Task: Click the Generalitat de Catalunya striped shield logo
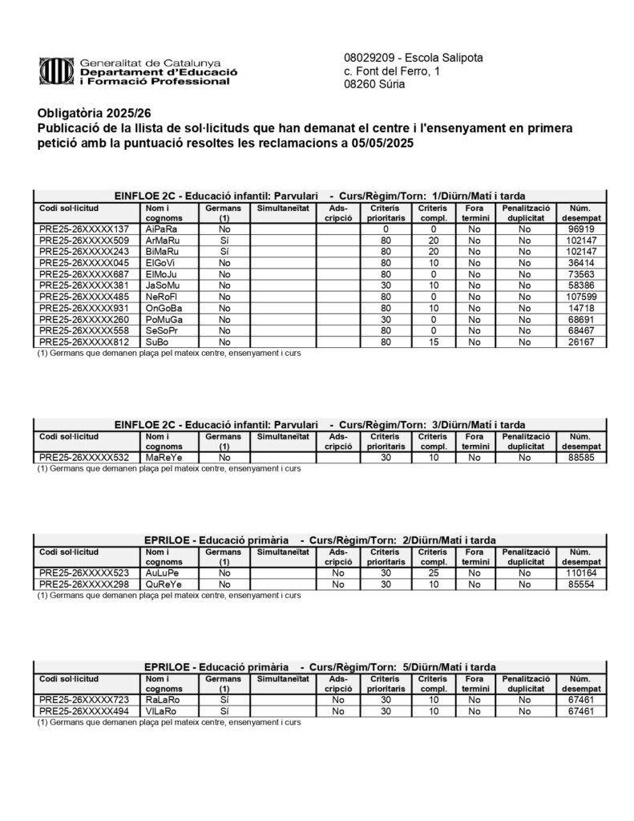pyautogui.click(x=57, y=71)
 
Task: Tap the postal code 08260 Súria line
pyautogui.click(x=374, y=84)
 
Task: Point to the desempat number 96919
pyautogui.click(x=579, y=229)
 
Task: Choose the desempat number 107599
pyautogui.click(x=579, y=296)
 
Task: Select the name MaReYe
pyautogui.click(x=164, y=457)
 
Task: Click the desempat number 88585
pyautogui.click(x=579, y=457)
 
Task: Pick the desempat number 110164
pyautogui.click(x=579, y=573)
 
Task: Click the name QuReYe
pyautogui.click(x=164, y=584)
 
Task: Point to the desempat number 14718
pyautogui.click(x=579, y=307)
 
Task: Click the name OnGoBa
pyautogui.click(x=164, y=307)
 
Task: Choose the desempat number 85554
pyautogui.click(x=579, y=584)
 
